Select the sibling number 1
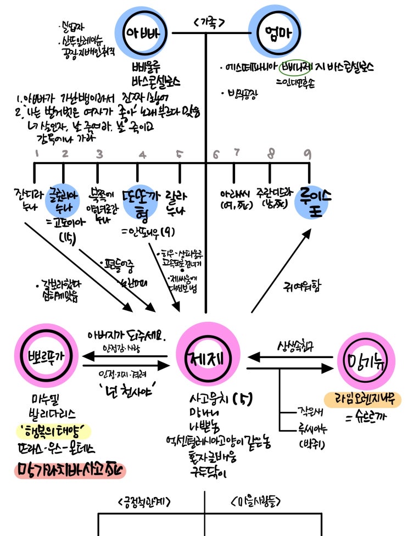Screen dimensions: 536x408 pos(37,154)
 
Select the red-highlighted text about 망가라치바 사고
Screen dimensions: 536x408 pos(69,470)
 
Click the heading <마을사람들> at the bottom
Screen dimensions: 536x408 pos(255,501)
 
